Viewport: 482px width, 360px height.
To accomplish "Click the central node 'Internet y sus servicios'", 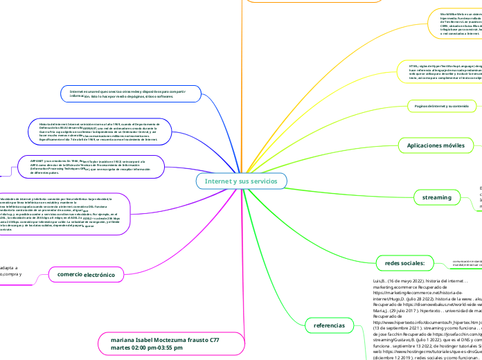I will pyautogui.click(x=241, y=181).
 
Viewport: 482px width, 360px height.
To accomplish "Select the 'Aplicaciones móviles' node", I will pyautogui.click(x=436, y=145).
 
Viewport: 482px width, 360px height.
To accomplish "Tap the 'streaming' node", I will pyautogui.click(x=436, y=198).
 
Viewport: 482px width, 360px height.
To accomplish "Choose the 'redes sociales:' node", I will pyautogui.click(x=404, y=262).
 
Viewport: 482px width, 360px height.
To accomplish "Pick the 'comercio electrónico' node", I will pyautogui.click(x=82, y=275).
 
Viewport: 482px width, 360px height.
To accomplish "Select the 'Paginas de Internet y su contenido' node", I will pyautogui.click(x=441, y=105).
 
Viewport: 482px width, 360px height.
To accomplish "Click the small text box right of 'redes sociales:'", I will pyautogui.click(x=464, y=262).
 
